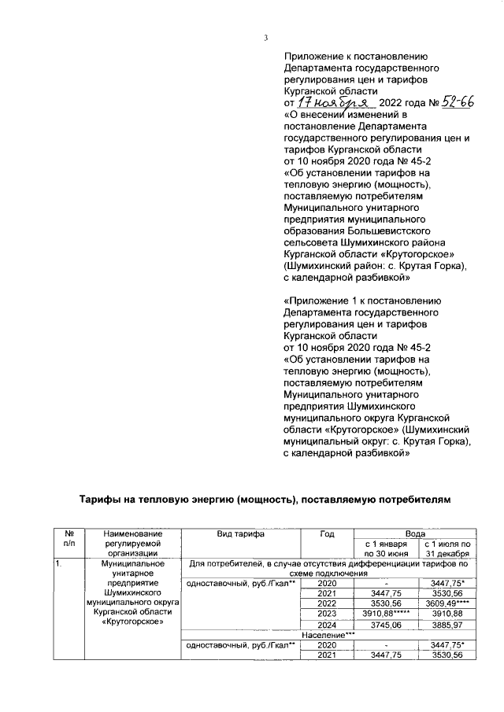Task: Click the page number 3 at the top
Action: [x=267, y=37]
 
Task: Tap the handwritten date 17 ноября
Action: [x=333, y=102]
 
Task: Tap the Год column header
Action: [x=328, y=534]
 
